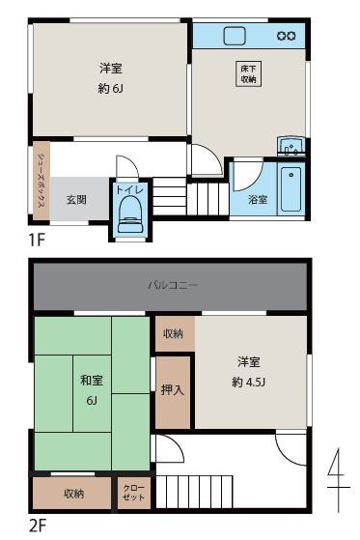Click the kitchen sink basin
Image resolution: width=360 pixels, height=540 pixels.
(x=235, y=36)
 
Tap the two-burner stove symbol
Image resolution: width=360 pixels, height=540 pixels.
(x=287, y=36)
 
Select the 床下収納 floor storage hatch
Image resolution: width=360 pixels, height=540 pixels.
(x=248, y=73)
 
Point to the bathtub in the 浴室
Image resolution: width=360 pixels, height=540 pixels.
(x=291, y=189)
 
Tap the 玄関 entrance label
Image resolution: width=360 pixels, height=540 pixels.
(x=76, y=200)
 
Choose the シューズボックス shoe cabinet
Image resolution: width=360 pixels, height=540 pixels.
(x=42, y=181)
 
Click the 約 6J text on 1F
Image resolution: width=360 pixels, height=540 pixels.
(x=110, y=89)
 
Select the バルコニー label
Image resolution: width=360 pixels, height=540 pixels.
(x=173, y=285)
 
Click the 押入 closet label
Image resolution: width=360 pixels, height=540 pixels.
(x=173, y=389)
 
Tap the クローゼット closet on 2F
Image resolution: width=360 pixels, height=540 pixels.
(x=134, y=493)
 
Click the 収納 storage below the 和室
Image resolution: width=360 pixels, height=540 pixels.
(x=72, y=493)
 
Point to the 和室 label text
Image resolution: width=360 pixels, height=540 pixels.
(x=92, y=381)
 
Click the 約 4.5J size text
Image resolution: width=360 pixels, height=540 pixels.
(x=248, y=382)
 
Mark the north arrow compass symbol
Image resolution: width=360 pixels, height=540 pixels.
(x=339, y=480)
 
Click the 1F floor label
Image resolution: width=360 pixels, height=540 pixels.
(x=37, y=240)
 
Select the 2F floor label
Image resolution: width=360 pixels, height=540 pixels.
(x=38, y=526)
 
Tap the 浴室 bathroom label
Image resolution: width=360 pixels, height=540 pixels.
(x=258, y=200)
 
